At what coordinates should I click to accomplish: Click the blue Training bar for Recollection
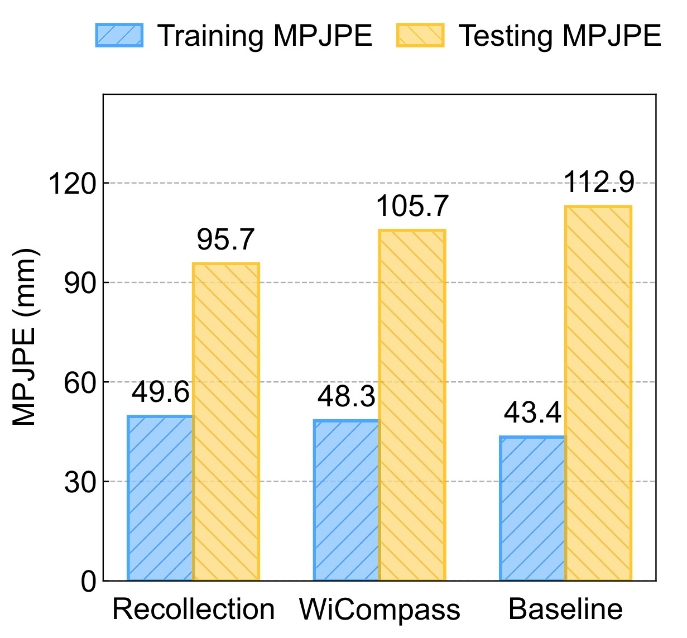161,498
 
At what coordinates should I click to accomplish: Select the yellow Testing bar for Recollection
226,422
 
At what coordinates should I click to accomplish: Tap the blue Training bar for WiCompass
347,500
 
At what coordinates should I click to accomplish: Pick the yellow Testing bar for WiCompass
412,405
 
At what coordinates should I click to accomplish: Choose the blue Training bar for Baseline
533,509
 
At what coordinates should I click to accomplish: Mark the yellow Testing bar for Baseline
598,394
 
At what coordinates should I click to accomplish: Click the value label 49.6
161,393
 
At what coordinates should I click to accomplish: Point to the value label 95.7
225,240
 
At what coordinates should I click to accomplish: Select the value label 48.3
347,397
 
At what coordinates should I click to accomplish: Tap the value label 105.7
412,207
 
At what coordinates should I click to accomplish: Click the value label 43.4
533,414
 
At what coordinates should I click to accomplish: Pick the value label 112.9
598,182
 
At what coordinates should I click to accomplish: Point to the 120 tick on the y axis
73,184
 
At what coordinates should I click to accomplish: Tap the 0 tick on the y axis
88,582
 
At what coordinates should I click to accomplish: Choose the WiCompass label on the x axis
379,610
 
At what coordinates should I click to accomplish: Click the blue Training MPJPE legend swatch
119,35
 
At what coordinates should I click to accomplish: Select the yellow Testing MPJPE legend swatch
420,35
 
